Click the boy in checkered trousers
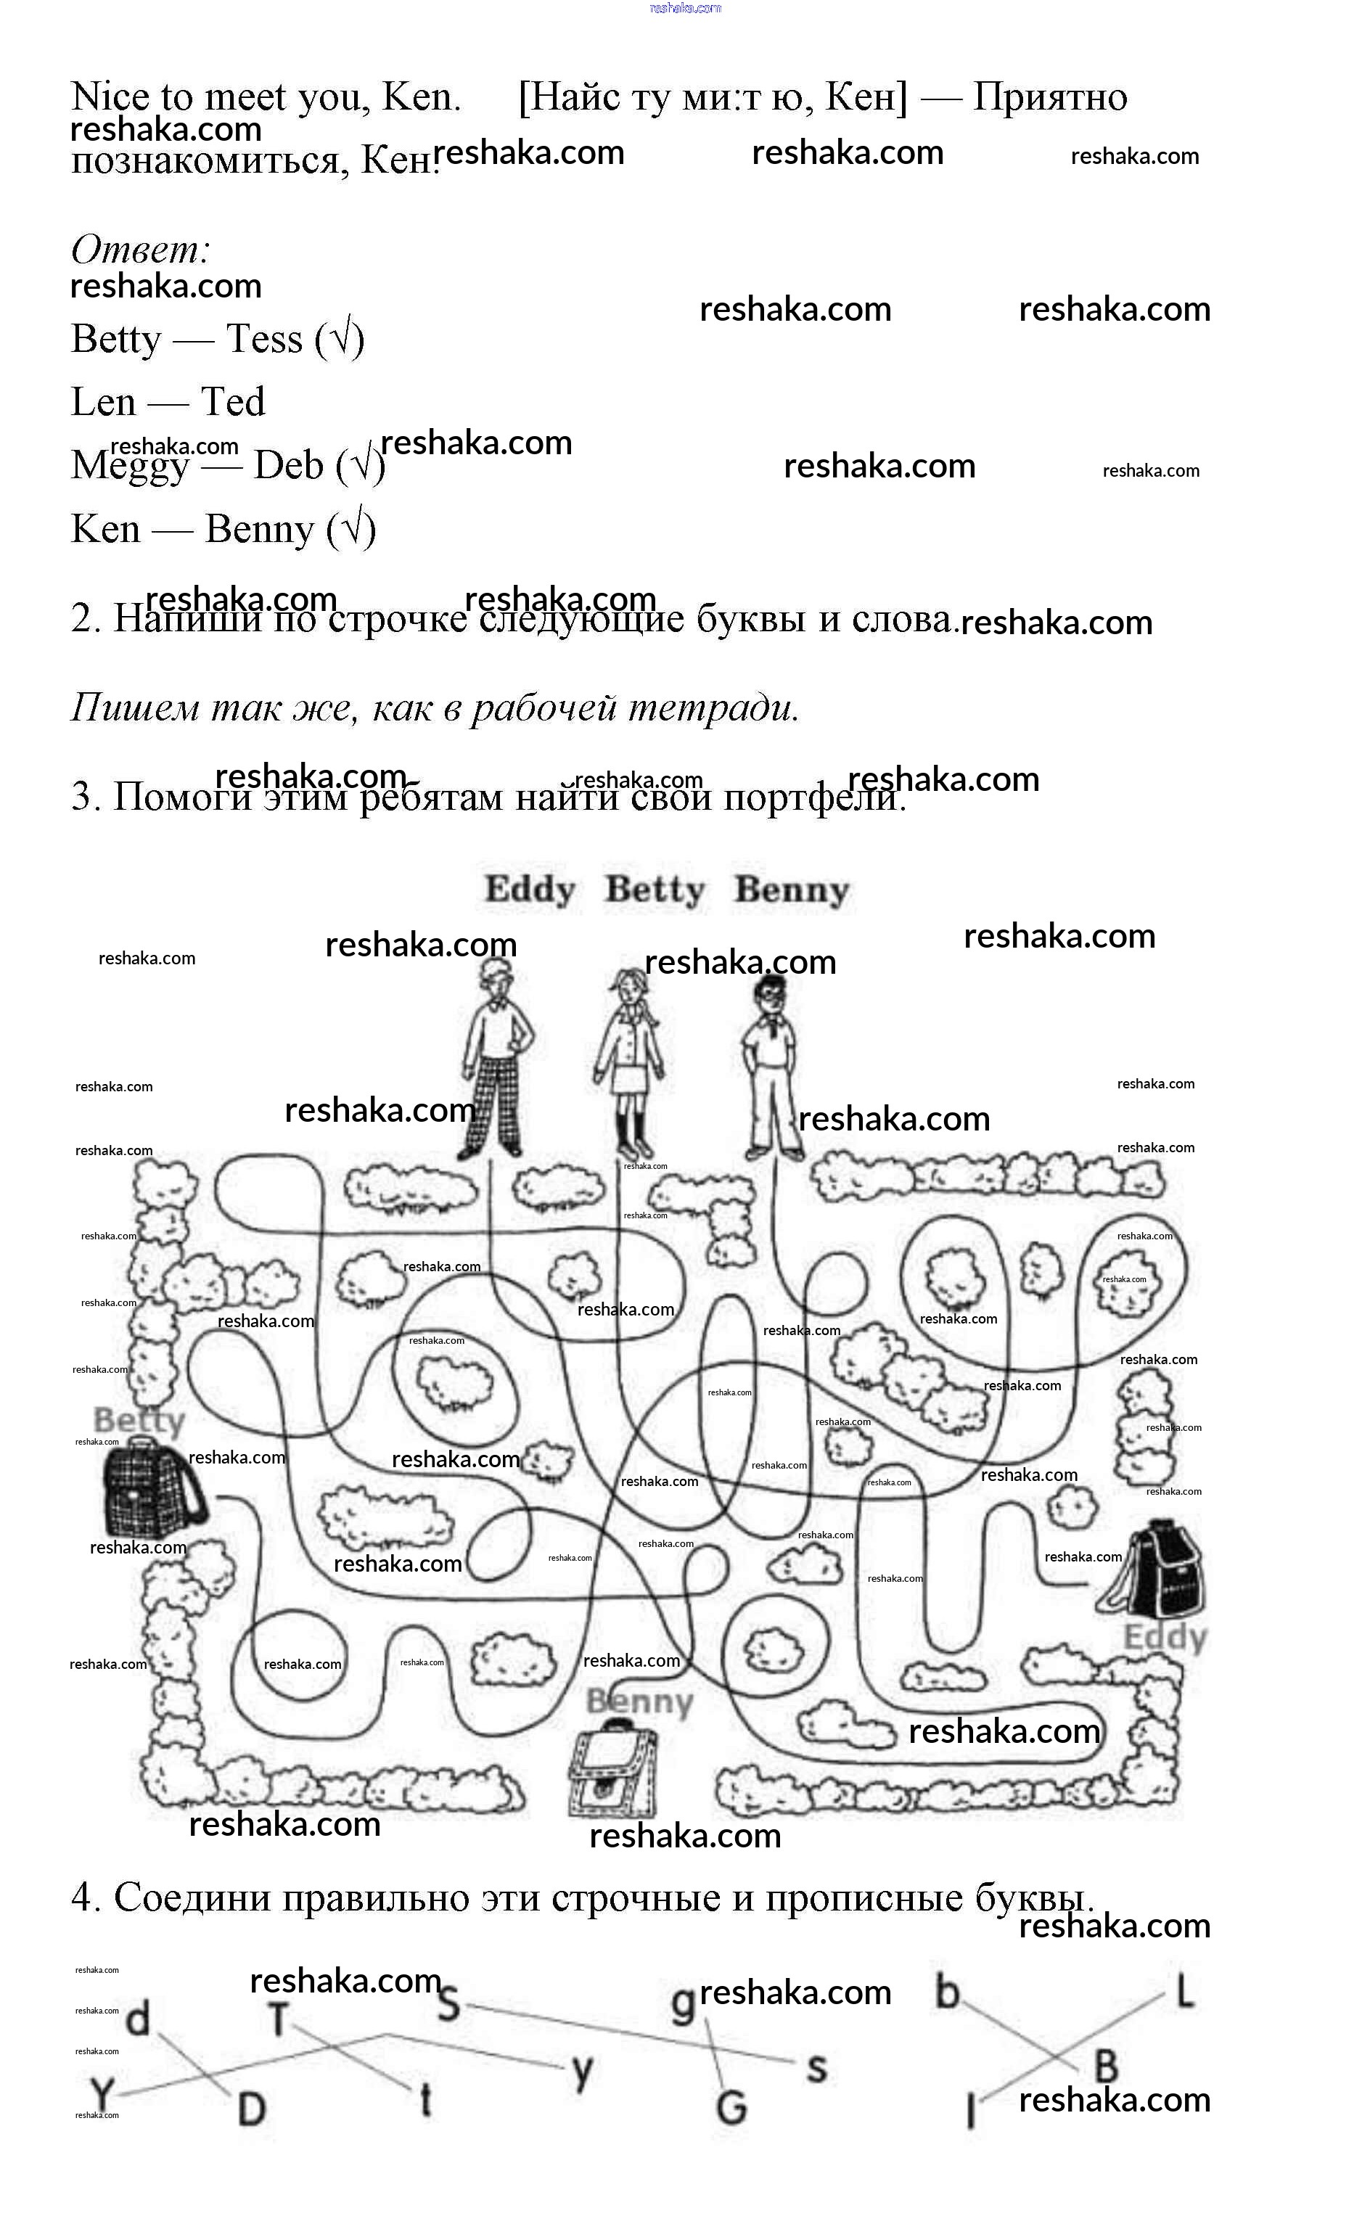495,1060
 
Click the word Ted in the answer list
232,401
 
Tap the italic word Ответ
141,249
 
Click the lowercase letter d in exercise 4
138,2019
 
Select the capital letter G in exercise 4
731,2107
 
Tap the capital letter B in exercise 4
1105,2067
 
